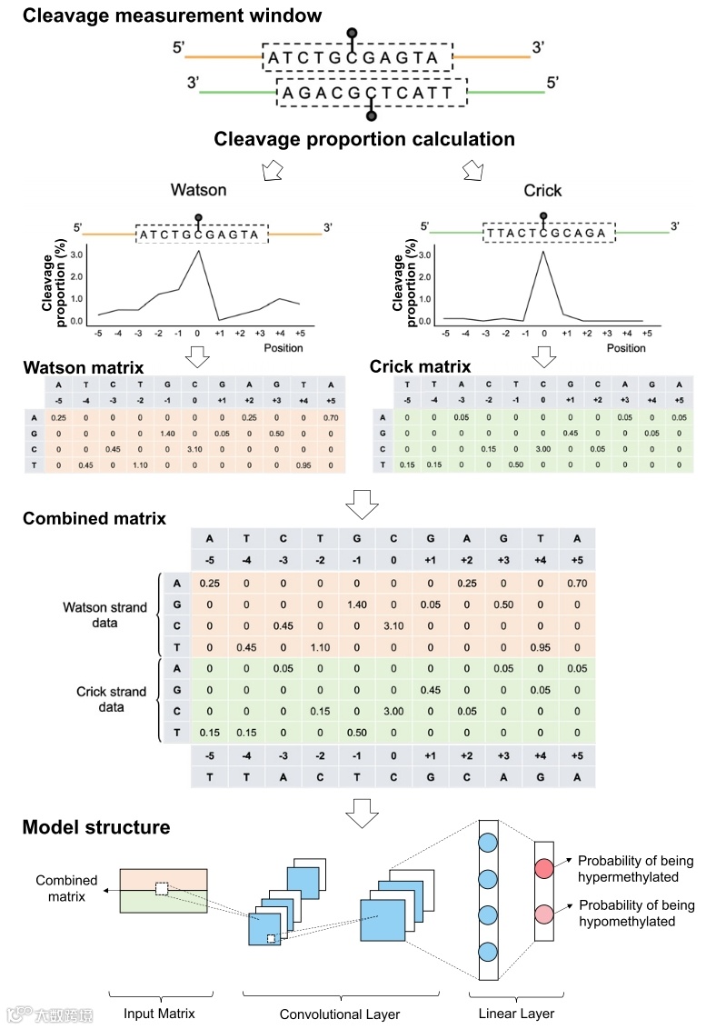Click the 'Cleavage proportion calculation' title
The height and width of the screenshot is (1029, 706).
point(364,139)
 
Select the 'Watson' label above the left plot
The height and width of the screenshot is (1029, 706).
point(199,191)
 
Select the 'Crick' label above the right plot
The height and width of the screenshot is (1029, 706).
point(542,191)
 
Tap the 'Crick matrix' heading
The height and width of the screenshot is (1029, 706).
point(420,367)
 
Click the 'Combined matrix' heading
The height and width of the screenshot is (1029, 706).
point(94,519)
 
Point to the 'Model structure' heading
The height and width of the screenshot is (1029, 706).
point(95,827)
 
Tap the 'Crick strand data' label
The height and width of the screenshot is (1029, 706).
point(110,700)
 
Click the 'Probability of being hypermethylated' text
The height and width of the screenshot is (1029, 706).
point(636,869)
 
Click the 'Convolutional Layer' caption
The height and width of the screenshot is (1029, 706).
point(339,1014)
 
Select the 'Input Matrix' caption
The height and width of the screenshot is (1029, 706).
point(159,1014)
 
